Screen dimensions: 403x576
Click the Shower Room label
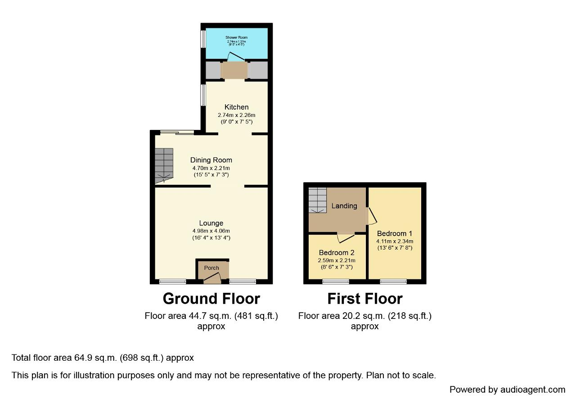(236, 37)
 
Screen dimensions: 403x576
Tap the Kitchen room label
(236, 107)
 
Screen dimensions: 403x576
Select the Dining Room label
(211, 160)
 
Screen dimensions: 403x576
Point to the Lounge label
(211, 223)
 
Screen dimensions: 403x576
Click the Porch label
(211, 268)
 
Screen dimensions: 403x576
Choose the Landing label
(344, 206)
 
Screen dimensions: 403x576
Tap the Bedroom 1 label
(395, 233)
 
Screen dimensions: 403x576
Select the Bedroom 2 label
(337, 253)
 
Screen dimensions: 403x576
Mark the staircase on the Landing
(317, 200)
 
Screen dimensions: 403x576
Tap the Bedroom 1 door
(372, 216)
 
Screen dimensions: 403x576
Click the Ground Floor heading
(211, 299)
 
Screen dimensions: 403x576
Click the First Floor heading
(364, 299)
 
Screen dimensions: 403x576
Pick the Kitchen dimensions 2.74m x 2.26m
(236, 115)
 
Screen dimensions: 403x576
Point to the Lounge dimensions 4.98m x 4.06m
(211, 231)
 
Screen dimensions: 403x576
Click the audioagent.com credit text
(507, 390)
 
